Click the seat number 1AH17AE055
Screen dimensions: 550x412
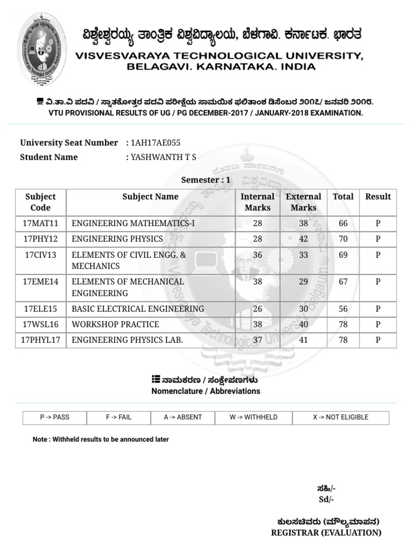click(x=156, y=143)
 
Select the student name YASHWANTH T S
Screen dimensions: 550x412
click(x=164, y=157)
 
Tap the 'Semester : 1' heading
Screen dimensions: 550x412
click(x=205, y=180)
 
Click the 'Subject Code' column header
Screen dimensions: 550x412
click(x=41, y=202)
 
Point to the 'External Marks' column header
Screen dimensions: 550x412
click(x=303, y=202)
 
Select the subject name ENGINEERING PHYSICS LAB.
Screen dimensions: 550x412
click(x=127, y=340)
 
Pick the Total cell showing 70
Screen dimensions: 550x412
click(x=343, y=238)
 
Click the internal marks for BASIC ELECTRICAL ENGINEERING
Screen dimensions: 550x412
click(x=257, y=309)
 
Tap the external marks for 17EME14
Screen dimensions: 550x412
click(x=304, y=281)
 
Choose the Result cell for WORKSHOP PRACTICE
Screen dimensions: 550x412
click(x=378, y=324)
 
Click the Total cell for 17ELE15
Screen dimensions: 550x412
click(x=343, y=309)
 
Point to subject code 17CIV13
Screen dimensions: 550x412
click(x=41, y=255)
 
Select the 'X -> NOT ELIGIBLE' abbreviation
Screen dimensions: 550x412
click(x=341, y=417)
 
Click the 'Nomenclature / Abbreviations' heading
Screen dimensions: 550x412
click(x=205, y=391)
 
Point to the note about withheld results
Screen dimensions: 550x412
click(x=101, y=439)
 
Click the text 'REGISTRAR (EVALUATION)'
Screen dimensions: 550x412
click(x=326, y=533)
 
